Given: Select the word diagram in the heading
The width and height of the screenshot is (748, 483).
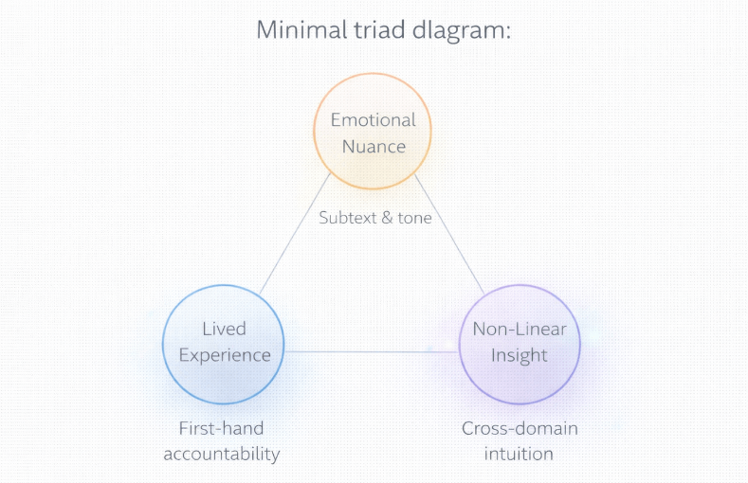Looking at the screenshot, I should click(x=464, y=30).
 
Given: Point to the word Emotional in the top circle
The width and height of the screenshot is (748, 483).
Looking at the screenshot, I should click(x=373, y=120).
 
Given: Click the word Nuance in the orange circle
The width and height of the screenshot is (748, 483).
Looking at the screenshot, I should click(x=373, y=146).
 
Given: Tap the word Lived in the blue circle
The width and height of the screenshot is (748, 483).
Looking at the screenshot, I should click(x=224, y=329).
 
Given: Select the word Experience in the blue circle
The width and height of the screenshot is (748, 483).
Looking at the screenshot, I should click(x=224, y=355).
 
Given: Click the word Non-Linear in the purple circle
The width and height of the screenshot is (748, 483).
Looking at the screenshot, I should click(x=519, y=329).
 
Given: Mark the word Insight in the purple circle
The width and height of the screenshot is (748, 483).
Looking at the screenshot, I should click(x=519, y=355).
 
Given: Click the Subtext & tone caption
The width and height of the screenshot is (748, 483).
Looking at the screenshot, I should click(x=374, y=218).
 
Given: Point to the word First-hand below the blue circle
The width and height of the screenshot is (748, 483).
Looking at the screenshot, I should click(x=221, y=428).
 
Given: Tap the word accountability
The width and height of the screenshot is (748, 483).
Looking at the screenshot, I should click(x=221, y=454).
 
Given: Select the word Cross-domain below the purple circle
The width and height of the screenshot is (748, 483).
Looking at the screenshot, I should click(x=520, y=428).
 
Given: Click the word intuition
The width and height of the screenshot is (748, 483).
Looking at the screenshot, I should click(x=520, y=454).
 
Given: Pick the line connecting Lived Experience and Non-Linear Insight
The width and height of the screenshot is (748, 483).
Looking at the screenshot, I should click(x=372, y=352).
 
